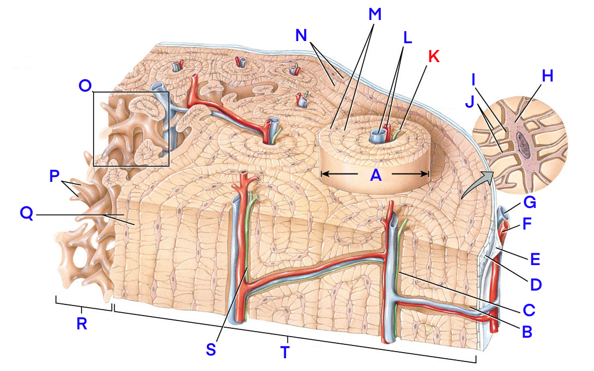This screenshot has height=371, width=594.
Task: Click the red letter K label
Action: pyautogui.click(x=434, y=56)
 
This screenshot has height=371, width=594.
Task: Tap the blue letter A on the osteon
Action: pyautogui.click(x=376, y=175)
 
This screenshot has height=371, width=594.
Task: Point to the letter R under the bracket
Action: pyautogui.click(x=81, y=324)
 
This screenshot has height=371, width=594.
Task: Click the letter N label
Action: pyautogui.click(x=301, y=35)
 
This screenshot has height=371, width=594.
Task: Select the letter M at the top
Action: pyautogui.click(x=375, y=14)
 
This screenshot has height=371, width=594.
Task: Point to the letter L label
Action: pyautogui.click(x=407, y=38)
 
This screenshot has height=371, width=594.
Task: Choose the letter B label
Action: pyautogui.click(x=527, y=331)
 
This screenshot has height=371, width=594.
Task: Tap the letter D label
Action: pyautogui.click(x=535, y=284)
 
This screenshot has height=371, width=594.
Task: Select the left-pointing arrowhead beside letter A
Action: pyautogui.click(x=326, y=174)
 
